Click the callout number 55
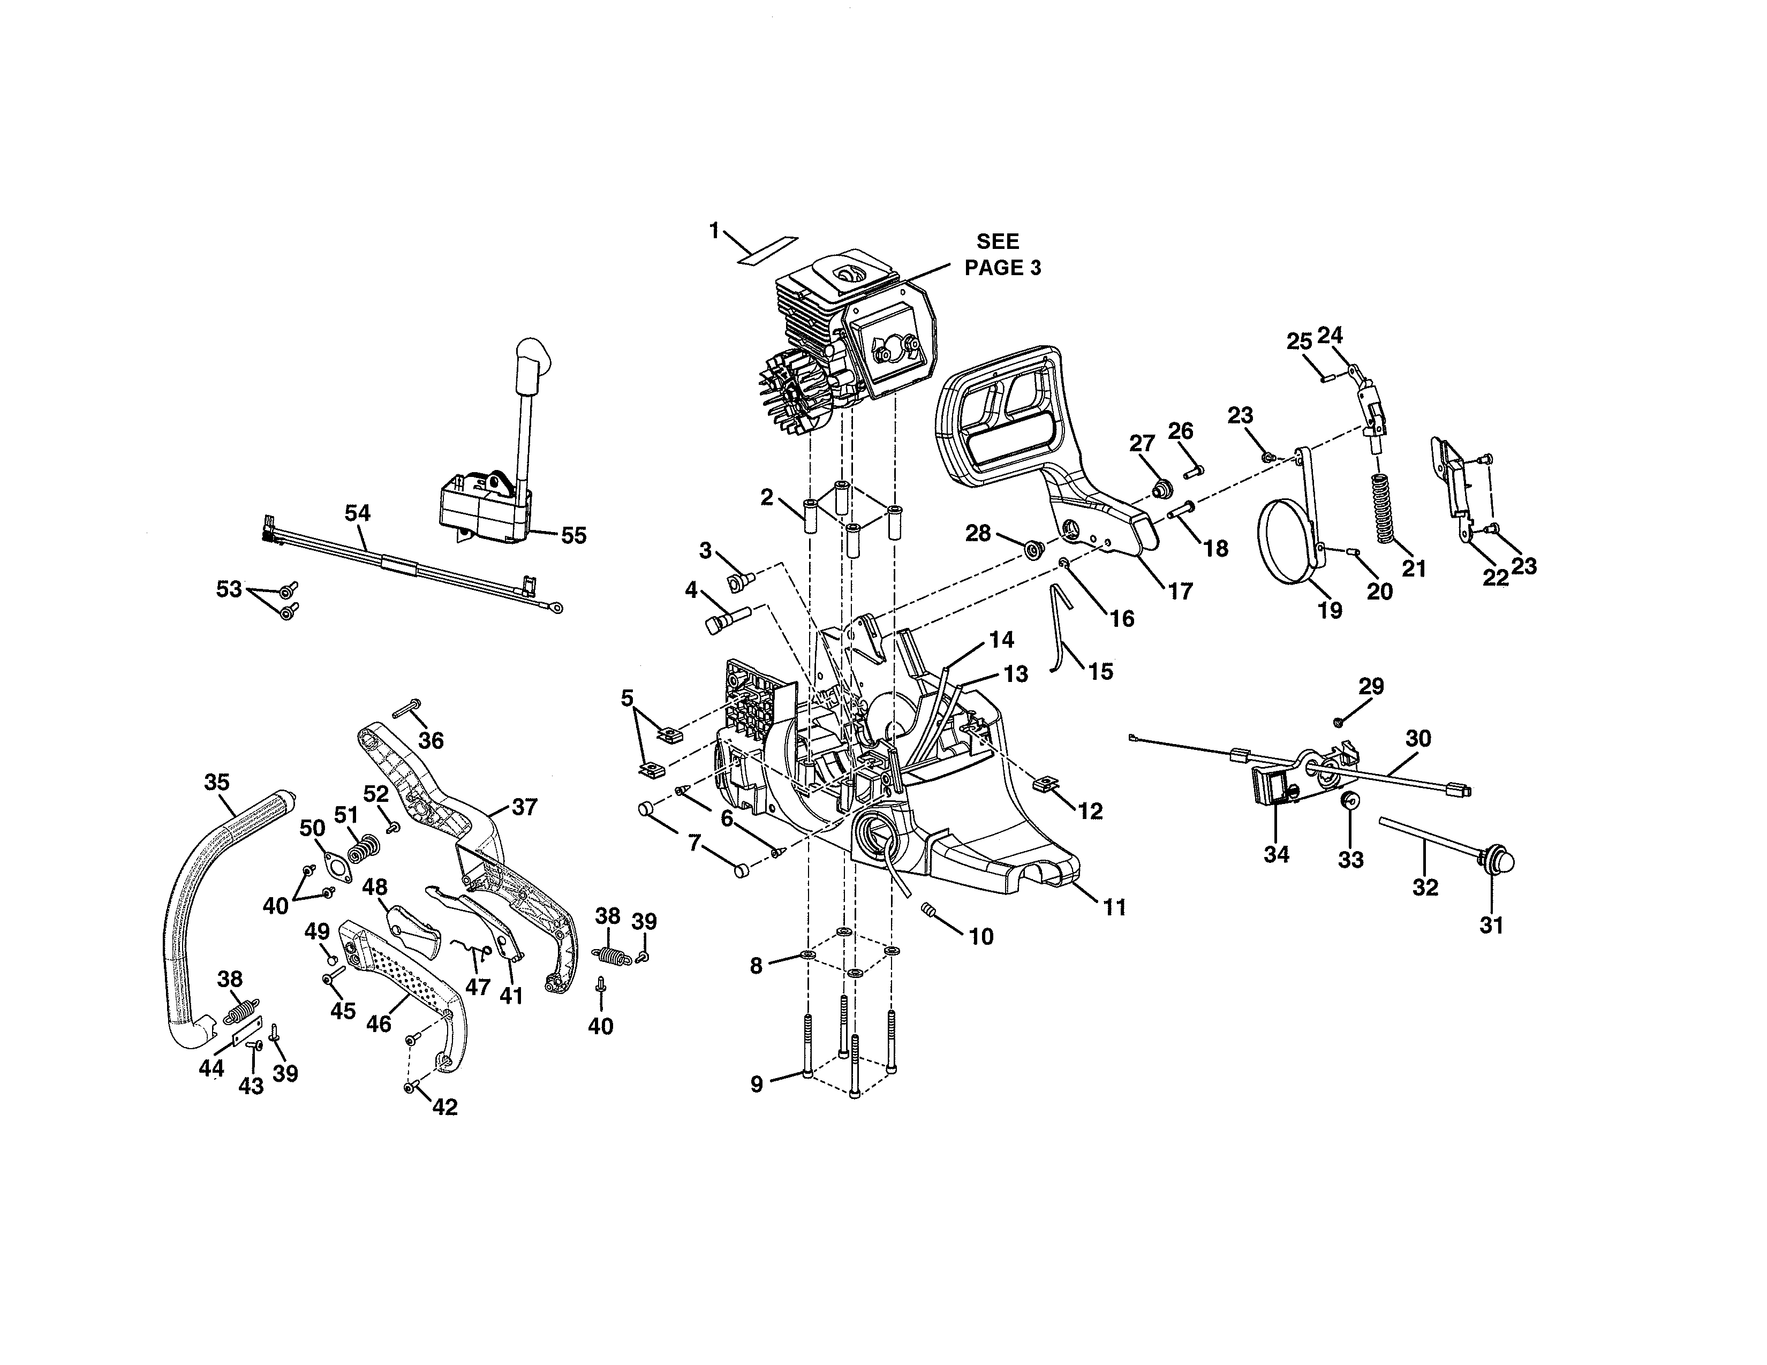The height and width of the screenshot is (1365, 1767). (x=573, y=535)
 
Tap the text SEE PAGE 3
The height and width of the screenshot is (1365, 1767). (x=1002, y=255)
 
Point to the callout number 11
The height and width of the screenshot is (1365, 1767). (x=1115, y=908)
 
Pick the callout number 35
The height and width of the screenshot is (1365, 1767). (x=217, y=782)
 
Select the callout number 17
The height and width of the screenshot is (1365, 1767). (x=1181, y=591)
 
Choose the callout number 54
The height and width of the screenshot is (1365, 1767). (x=358, y=513)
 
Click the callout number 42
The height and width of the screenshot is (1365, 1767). (x=445, y=1107)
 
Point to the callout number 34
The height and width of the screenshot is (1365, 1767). (x=1276, y=854)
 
